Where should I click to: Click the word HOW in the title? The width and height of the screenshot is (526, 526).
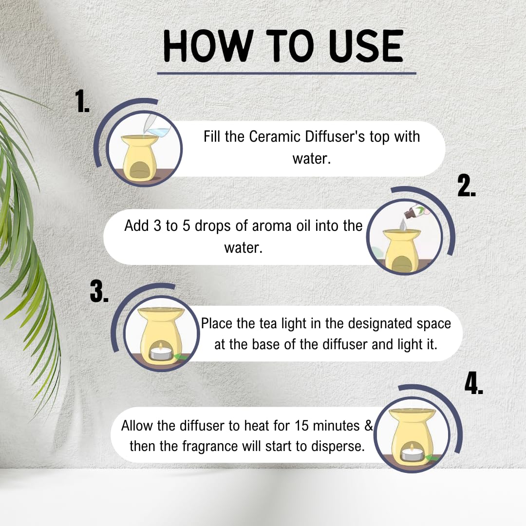208,46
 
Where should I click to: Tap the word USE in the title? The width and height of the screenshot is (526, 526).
366,46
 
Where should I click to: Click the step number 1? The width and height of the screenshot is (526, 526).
82,101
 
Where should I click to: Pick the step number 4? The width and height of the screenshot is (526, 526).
474,383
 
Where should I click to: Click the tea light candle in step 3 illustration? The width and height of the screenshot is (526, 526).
160,352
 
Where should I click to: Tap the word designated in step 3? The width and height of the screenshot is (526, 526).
380,324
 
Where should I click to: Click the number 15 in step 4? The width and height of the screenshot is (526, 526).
301,426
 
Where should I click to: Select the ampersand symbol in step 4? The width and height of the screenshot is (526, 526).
368,426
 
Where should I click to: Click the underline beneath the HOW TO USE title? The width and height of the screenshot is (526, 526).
286,73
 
